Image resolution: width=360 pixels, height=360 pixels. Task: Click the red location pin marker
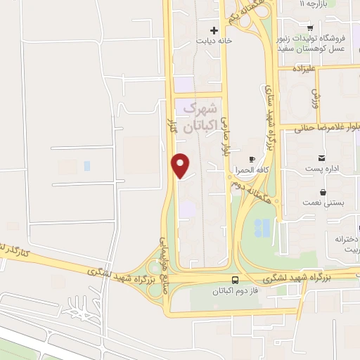181,165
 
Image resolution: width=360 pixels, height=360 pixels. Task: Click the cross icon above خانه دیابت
214,30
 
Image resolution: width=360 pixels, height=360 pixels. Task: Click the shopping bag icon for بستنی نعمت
323,191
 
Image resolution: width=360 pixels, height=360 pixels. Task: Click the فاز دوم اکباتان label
234,290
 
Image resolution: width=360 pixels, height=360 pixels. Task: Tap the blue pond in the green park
262,227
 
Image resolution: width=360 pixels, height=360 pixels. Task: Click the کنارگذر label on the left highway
14,251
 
